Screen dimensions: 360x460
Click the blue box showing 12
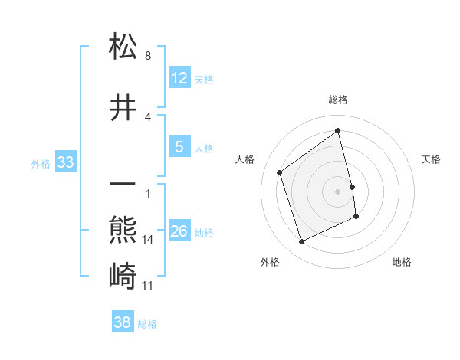coord(179,79)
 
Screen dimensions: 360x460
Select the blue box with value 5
coord(179,148)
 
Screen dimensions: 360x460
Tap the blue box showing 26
coord(179,232)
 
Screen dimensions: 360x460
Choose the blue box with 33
coord(65,162)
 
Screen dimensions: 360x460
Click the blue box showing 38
coord(123,322)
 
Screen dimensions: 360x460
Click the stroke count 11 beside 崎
coord(149,286)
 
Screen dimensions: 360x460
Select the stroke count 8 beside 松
coord(147,56)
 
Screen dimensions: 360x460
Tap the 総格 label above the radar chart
coord(338,100)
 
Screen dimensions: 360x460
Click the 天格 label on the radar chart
coord(432,159)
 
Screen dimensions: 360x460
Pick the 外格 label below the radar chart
coord(270,262)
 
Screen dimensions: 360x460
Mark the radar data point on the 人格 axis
coord(280,173)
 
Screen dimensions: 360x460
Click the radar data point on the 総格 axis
coord(338,131)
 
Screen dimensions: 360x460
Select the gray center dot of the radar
coord(338,191)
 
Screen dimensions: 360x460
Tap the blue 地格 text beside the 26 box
coord(204,233)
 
